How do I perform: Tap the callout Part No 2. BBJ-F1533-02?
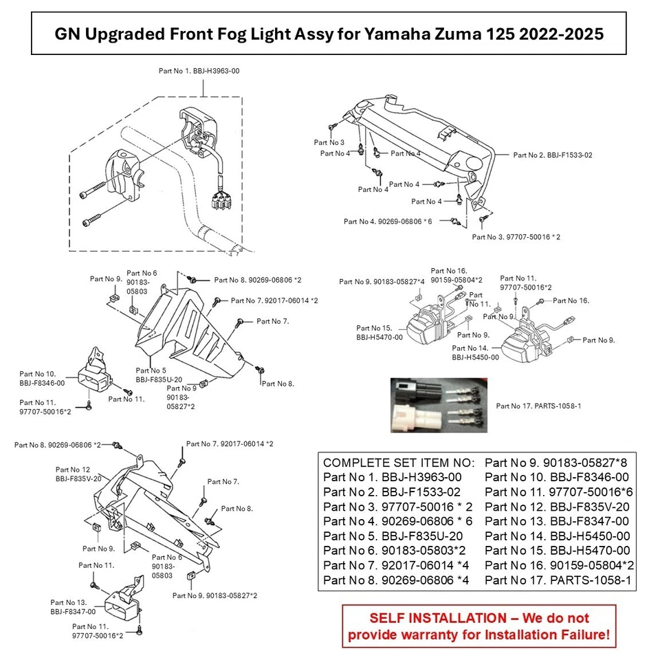tap(552, 155)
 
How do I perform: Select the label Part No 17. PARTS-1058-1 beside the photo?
tap(538, 406)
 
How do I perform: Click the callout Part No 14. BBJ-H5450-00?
tap(475, 353)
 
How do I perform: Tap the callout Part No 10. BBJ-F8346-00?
tap(42, 379)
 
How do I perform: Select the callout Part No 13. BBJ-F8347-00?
tap(73, 607)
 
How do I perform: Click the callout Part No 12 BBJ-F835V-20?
tap(78, 474)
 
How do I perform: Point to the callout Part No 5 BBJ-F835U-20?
tap(159, 375)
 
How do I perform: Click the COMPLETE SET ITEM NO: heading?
tap(399, 463)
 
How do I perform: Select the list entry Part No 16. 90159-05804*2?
tap(559, 565)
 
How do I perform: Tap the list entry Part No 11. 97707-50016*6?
tap(559, 492)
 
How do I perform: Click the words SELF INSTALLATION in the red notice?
tap(437, 618)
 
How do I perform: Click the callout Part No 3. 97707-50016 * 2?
tap(516, 237)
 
